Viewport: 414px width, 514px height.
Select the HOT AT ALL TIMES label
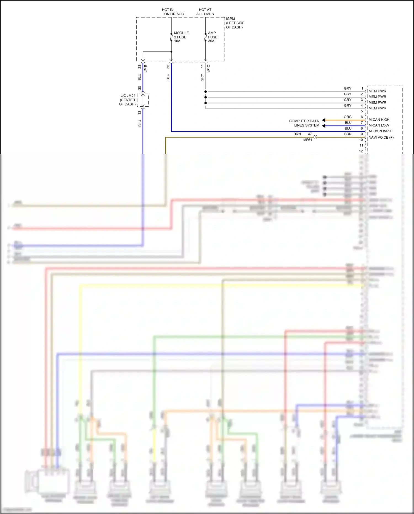[205, 12]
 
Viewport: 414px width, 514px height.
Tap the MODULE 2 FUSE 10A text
[181, 37]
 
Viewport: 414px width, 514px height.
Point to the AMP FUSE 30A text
[213, 37]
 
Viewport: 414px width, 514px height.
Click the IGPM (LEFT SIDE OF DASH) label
[235, 23]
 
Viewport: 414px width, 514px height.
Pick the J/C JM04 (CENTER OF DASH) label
[128, 100]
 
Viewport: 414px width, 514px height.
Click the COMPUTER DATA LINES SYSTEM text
[304, 123]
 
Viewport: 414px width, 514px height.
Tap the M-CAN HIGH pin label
[379, 120]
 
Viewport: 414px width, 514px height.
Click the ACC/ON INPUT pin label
[380, 131]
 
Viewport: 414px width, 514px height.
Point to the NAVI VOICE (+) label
[381, 138]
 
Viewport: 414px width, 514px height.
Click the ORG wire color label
[347, 117]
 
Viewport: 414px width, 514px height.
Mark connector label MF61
[307, 140]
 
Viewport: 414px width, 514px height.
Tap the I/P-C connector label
[209, 68]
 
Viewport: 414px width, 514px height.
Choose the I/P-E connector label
[146, 68]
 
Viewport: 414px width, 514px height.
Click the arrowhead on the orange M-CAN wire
[323, 120]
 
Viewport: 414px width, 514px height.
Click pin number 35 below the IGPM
[168, 67]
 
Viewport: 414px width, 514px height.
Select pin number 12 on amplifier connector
[361, 151]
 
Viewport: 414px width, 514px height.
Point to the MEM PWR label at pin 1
[377, 91]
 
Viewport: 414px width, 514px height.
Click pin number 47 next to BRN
[310, 134]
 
